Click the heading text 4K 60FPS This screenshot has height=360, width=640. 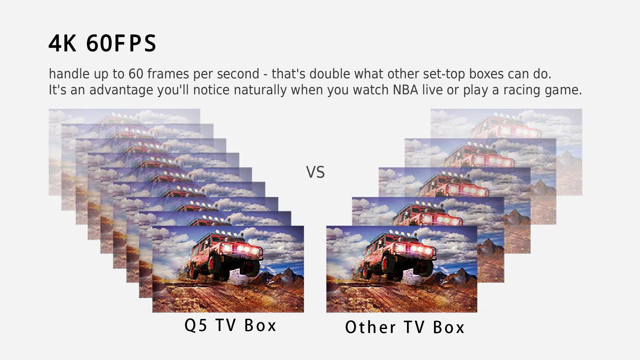(x=102, y=43)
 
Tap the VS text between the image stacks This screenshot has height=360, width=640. (x=315, y=172)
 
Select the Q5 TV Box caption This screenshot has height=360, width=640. (x=230, y=325)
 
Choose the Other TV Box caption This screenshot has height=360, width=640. (x=405, y=327)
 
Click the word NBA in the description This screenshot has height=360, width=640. (x=405, y=90)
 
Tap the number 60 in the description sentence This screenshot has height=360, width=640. (x=136, y=74)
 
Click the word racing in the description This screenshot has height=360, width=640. (x=522, y=90)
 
